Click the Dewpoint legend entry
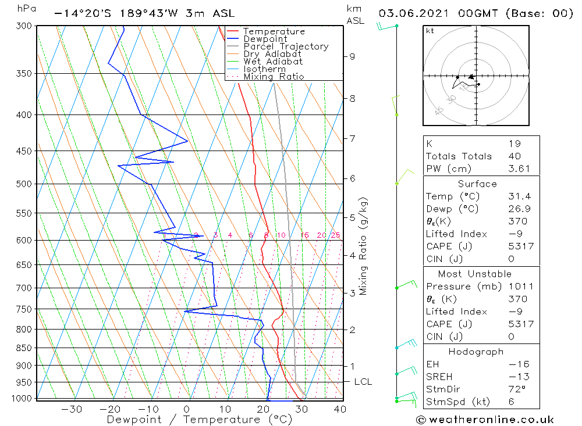(265, 39)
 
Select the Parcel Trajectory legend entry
(285, 46)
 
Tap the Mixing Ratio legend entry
(273, 77)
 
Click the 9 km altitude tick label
(352, 56)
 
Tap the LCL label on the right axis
(363, 382)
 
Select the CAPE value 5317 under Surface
(520, 246)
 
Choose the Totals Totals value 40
(514, 156)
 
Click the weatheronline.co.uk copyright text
(485, 420)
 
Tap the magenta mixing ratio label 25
(335, 235)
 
